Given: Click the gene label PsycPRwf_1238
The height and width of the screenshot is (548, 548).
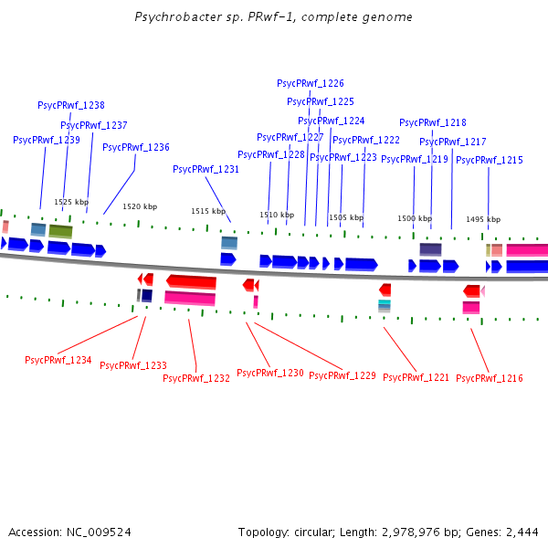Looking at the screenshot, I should click(71, 105).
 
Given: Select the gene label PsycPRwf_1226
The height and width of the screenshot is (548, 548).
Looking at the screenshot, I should click(311, 83).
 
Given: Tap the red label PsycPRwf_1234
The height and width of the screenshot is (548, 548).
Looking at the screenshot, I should click(58, 360).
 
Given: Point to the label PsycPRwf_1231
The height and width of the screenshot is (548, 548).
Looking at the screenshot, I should click(206, 169).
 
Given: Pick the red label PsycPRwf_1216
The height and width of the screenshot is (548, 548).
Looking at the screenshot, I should click(490, 378).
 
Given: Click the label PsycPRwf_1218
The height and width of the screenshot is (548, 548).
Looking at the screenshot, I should click(433, 122).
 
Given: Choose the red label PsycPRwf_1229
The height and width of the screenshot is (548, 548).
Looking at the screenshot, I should click(342, 375).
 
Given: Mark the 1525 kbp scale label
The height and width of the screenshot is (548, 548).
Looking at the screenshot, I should click(71, 202).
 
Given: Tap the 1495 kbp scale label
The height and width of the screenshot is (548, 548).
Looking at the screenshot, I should click(483, 219).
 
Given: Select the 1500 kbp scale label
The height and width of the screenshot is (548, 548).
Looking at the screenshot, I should click(415, 219).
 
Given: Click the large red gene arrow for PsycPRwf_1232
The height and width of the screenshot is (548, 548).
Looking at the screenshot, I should click(192, 281).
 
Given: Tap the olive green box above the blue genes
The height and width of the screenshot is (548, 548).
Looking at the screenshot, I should click(60, 232).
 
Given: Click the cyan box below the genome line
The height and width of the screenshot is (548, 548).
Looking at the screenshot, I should click(385, 302).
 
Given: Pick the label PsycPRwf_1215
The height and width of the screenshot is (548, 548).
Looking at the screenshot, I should click(490, 160).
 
